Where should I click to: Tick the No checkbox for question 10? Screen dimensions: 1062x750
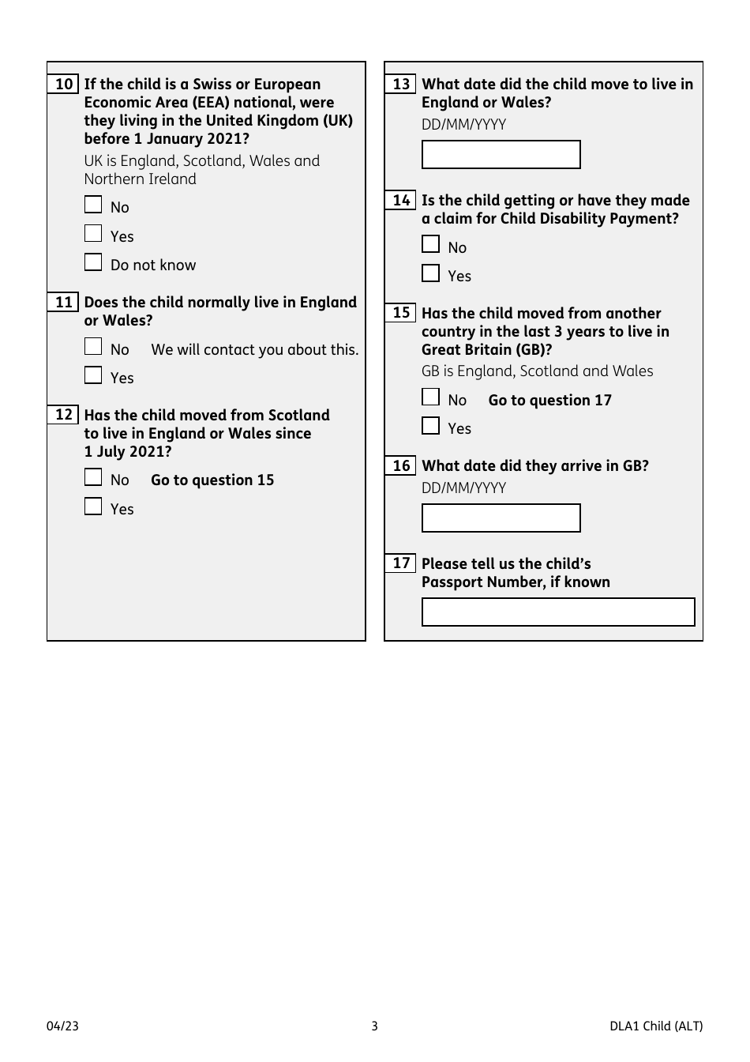click(x=93, y=205)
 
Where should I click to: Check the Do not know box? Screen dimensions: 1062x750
click(x=93, y=262)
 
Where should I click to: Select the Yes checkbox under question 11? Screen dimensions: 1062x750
click(x=93, y=375)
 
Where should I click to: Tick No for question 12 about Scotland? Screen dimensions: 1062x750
click(x=93, y=477)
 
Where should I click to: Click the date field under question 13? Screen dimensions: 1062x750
click(x=501, y=155)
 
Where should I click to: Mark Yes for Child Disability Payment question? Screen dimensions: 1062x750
click(x=430, y=273)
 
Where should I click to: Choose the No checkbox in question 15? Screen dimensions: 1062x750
click(x=430, y=397)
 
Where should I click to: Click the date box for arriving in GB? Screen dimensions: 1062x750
click(x=501, y=518)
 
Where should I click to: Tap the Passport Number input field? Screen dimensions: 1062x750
click(x=558, y=612)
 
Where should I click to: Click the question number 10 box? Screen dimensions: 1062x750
click(x=64, y=84)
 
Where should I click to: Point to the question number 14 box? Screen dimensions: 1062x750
click(x=401, y=200)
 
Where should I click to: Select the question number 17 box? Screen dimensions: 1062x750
click(x=401, y=563)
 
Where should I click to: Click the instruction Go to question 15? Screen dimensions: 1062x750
click(x=212, y=480)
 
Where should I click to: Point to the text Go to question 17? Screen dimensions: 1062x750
click(x=549, y=401)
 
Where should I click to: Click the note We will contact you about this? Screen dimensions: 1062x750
click(x=254, y=350)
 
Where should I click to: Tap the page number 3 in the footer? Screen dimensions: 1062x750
click(x=375, y=1026)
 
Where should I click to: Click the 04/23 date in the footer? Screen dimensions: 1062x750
click(x=62, y=1026)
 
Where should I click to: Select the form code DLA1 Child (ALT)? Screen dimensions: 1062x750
click(x=655, y=1026)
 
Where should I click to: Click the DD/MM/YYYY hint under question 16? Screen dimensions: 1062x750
click(x=463, y=488)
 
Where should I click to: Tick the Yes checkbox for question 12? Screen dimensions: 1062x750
click(x=93, y=507)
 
